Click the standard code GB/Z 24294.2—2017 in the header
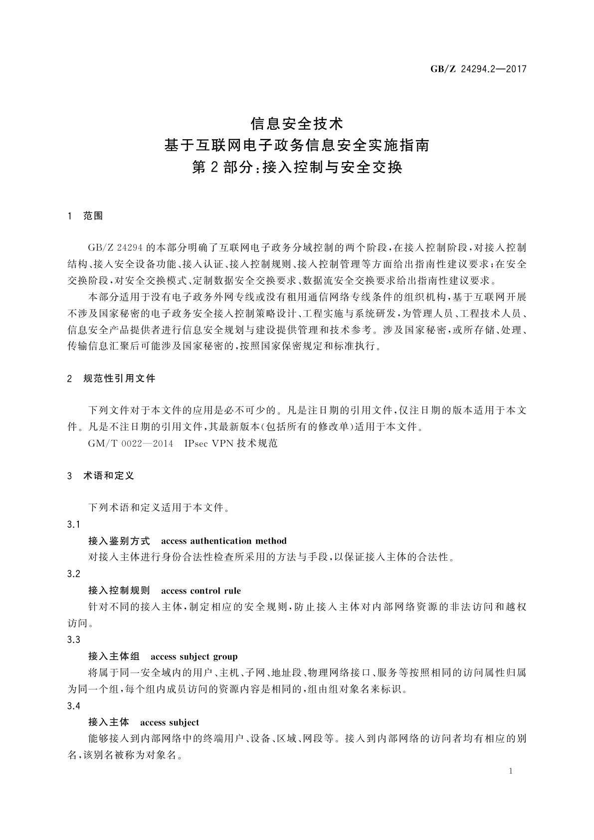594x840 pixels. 478,69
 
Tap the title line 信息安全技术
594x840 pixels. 297,123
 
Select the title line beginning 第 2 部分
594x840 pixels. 297,168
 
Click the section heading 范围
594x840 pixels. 93,216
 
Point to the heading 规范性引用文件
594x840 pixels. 120,379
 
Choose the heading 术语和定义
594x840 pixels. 109,476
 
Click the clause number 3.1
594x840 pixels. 73,525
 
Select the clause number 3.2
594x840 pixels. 73,574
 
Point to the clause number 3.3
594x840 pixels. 73,640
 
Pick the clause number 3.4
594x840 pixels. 73,706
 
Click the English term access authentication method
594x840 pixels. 224,541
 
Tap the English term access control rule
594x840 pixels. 201,591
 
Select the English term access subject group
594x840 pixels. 194,657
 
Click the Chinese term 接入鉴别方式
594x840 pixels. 119,541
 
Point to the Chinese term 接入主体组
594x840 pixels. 114,657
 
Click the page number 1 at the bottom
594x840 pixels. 511,771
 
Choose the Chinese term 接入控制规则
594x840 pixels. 119,591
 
